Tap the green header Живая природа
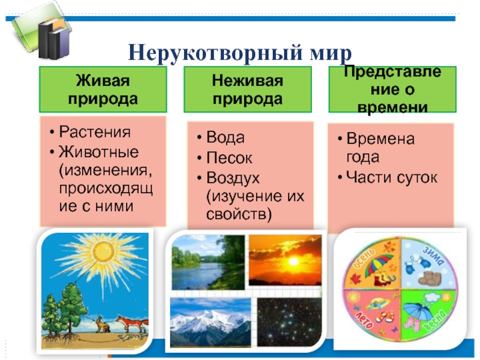pyautogui.click(x=103, y=89)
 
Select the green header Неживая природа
pyautogui.click(x=248, y=89)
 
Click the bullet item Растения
pyautogui.click(x=95, y=132)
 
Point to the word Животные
pyautogui.click(x=98, y=152)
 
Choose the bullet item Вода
pyautogui.click(x=226, y=137)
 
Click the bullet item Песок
pyautogui.click(x=229, y=158)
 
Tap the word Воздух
pyautogui.click(x=233, y=178)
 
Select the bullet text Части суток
pyautogui.click(x=392, y=177)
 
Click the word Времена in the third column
pyautogui.click(x=380, y=139)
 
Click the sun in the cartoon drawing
pyautogui.click(x=103, y=252)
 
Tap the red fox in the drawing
pyautogui.click(x=132, y=324)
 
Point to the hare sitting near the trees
pyautogui.click(x=103, y=324)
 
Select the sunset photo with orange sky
pyautogui.click(x=285, y=260)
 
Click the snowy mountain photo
pyautogui.click(x=211, y=322)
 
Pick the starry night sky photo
pyautogui.click(x=289, y=322)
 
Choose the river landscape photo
pyautogui.click(x=208, y=262)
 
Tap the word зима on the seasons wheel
pyautogui.click(x=433, y=256)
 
